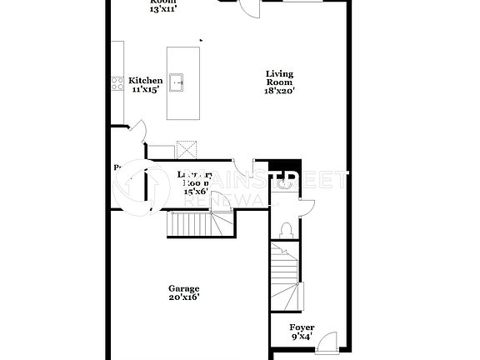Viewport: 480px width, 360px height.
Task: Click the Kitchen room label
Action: [145, 81]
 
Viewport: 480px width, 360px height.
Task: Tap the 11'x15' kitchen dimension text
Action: [145, 90]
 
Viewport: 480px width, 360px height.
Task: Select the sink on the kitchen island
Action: [177, 82]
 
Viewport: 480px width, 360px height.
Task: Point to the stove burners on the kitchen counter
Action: [117, 82]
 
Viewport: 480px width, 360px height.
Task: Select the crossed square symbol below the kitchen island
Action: [187, 149]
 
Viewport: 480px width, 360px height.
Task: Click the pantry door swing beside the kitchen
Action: [138, 131]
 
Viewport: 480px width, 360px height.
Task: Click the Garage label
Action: [183, 288]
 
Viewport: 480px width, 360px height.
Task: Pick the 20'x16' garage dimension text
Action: [183, 297]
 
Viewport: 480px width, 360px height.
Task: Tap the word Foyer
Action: [302, 327]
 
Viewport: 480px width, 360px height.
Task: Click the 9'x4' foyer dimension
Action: [302, 337]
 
